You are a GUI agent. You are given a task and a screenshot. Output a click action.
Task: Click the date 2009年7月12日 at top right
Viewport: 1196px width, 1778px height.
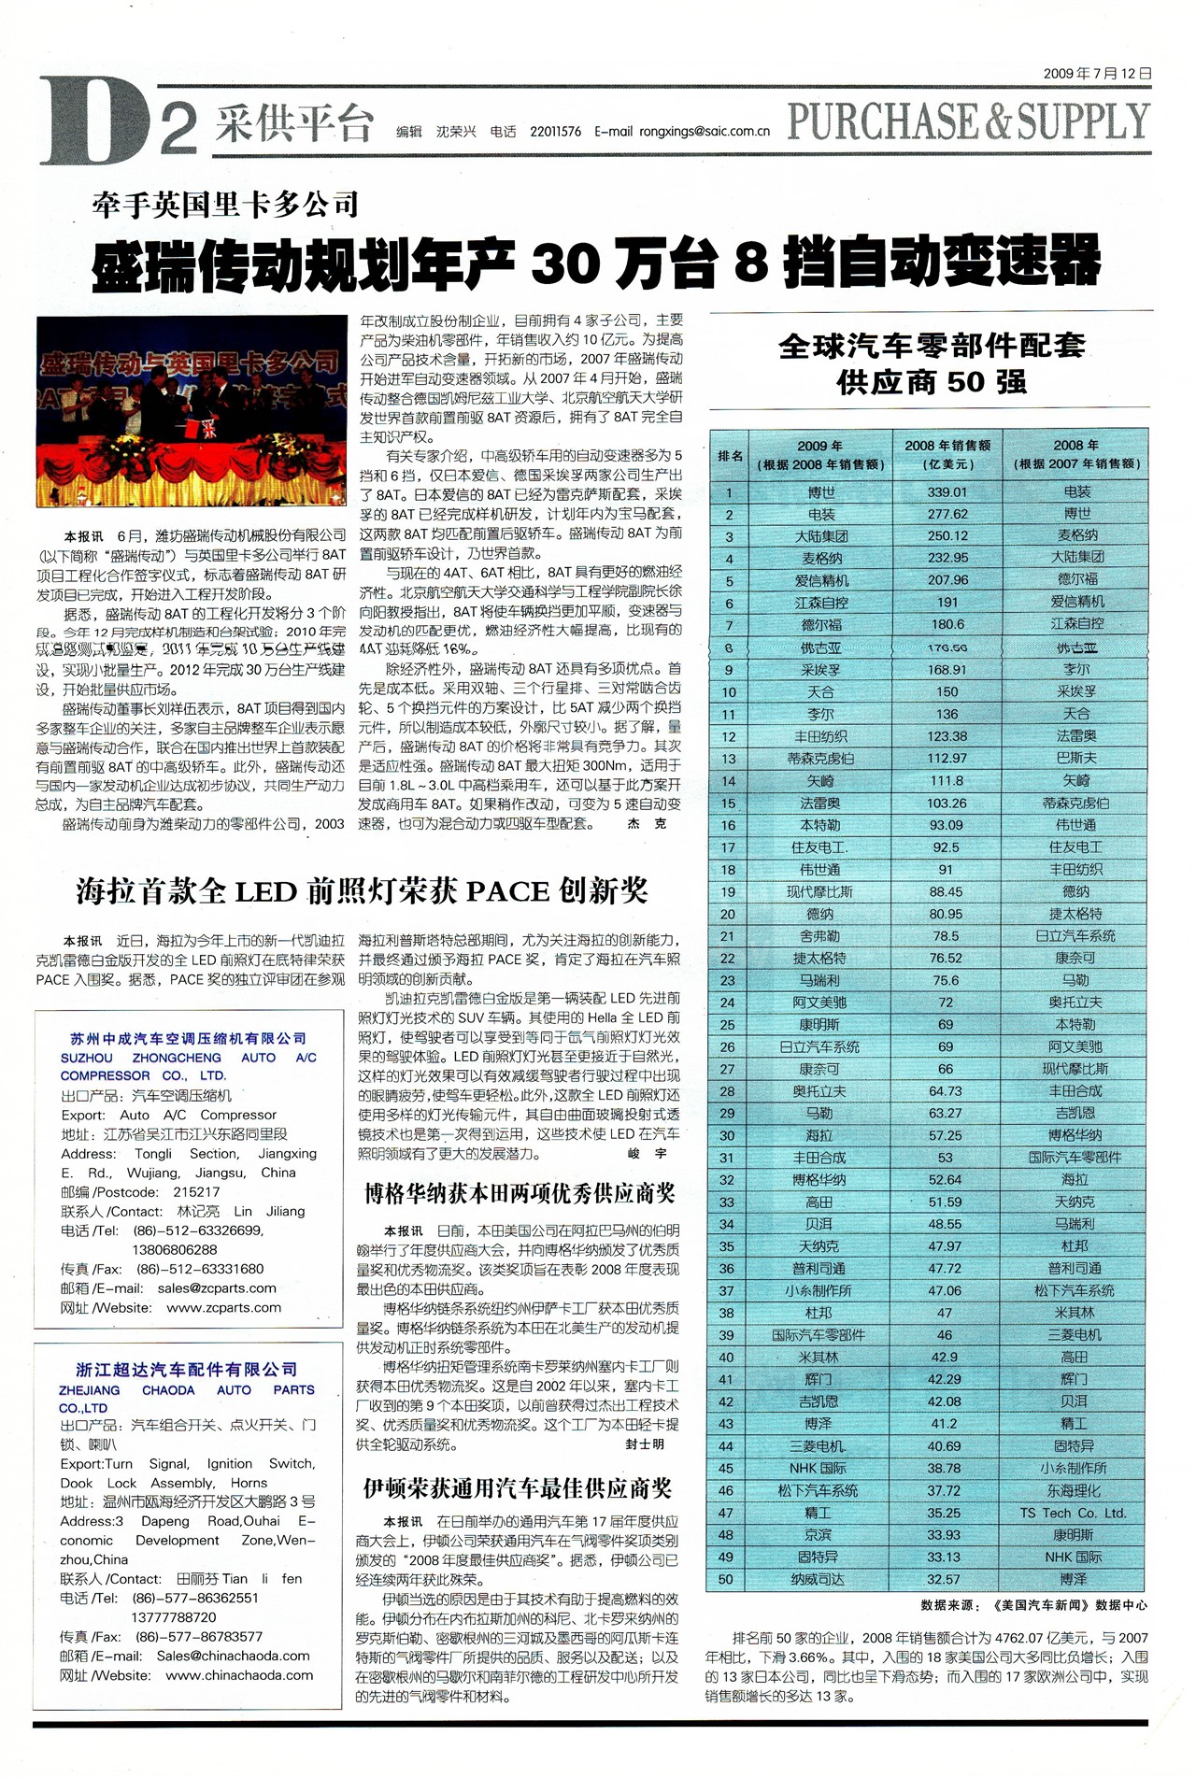click(1097, 73)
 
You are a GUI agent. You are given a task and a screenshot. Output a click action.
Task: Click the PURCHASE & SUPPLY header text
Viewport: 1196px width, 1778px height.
click(968, 121)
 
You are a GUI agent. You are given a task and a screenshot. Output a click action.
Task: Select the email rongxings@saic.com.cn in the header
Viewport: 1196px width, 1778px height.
click(705, 132)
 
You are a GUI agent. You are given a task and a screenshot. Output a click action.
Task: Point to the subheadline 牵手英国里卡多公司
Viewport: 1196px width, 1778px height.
click(225, 203)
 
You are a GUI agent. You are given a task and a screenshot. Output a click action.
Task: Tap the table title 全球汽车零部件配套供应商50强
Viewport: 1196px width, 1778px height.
click(932, 363)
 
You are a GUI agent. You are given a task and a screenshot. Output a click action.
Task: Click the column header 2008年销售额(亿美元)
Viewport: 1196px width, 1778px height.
click(947, 454)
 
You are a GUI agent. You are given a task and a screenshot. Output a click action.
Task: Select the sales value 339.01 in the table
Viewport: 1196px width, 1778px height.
click(947, 491)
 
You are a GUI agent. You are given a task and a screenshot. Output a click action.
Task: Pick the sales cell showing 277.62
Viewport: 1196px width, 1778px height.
click(947, 514)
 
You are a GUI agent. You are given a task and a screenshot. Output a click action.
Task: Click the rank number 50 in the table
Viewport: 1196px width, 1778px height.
click(727, 1579)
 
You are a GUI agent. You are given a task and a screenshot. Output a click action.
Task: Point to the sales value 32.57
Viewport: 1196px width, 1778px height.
click(945, 1579)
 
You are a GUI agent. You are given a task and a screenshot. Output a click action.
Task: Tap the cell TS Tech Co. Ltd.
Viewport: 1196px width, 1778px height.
click(1073, 1513)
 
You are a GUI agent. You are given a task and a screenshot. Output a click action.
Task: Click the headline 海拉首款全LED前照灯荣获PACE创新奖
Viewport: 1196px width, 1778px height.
click(362, 891)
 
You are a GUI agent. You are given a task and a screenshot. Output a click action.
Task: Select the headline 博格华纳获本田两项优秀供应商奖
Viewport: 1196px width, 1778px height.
click(519, 1193)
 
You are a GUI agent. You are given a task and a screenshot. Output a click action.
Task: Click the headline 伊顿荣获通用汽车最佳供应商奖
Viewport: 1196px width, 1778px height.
click(517, 1488)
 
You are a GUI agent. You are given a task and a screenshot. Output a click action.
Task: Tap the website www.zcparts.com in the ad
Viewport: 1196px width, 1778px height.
click(224, 1307)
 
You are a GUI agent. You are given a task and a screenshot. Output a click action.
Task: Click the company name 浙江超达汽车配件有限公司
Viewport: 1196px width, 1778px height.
click(186, 1370)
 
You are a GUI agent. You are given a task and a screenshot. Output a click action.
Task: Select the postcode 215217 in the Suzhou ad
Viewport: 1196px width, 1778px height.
click(196, 1192)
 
